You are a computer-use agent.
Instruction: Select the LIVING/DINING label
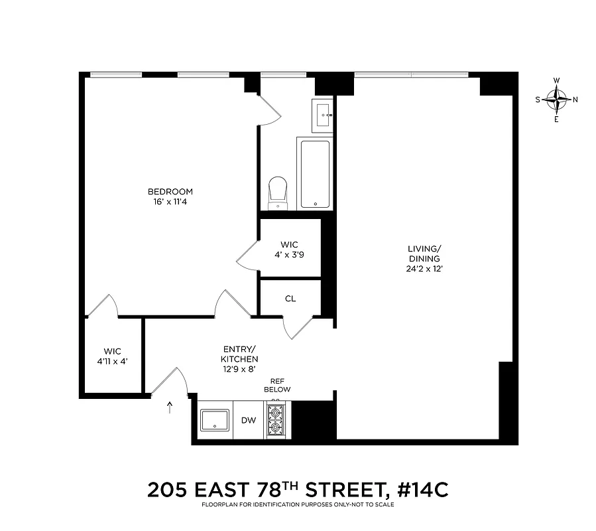(x=424, y=254)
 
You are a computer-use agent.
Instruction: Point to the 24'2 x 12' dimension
(x=424, y=269)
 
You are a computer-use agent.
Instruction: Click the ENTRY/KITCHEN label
(x=239, y=354)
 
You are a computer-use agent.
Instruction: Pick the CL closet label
(x=290, y=299)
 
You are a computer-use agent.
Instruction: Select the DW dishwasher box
(x=249, y=419)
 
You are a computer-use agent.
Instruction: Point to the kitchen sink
(x=215, y=420)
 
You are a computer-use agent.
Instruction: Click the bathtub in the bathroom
(x=315, y=174)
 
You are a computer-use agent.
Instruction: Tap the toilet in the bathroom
(x=277, y=192)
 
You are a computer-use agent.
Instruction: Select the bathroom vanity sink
(x=324, y=114)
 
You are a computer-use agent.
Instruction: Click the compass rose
(x=556, y=100)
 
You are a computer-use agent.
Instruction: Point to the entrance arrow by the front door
(x=170, y=407)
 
